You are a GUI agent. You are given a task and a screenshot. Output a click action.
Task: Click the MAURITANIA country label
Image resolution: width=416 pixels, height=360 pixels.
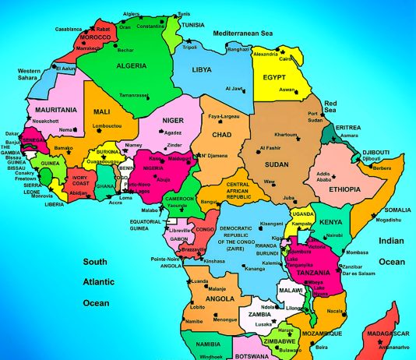tap(55, 110)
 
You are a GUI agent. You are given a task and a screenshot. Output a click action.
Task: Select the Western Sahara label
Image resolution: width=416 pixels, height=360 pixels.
tap(30, 74)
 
